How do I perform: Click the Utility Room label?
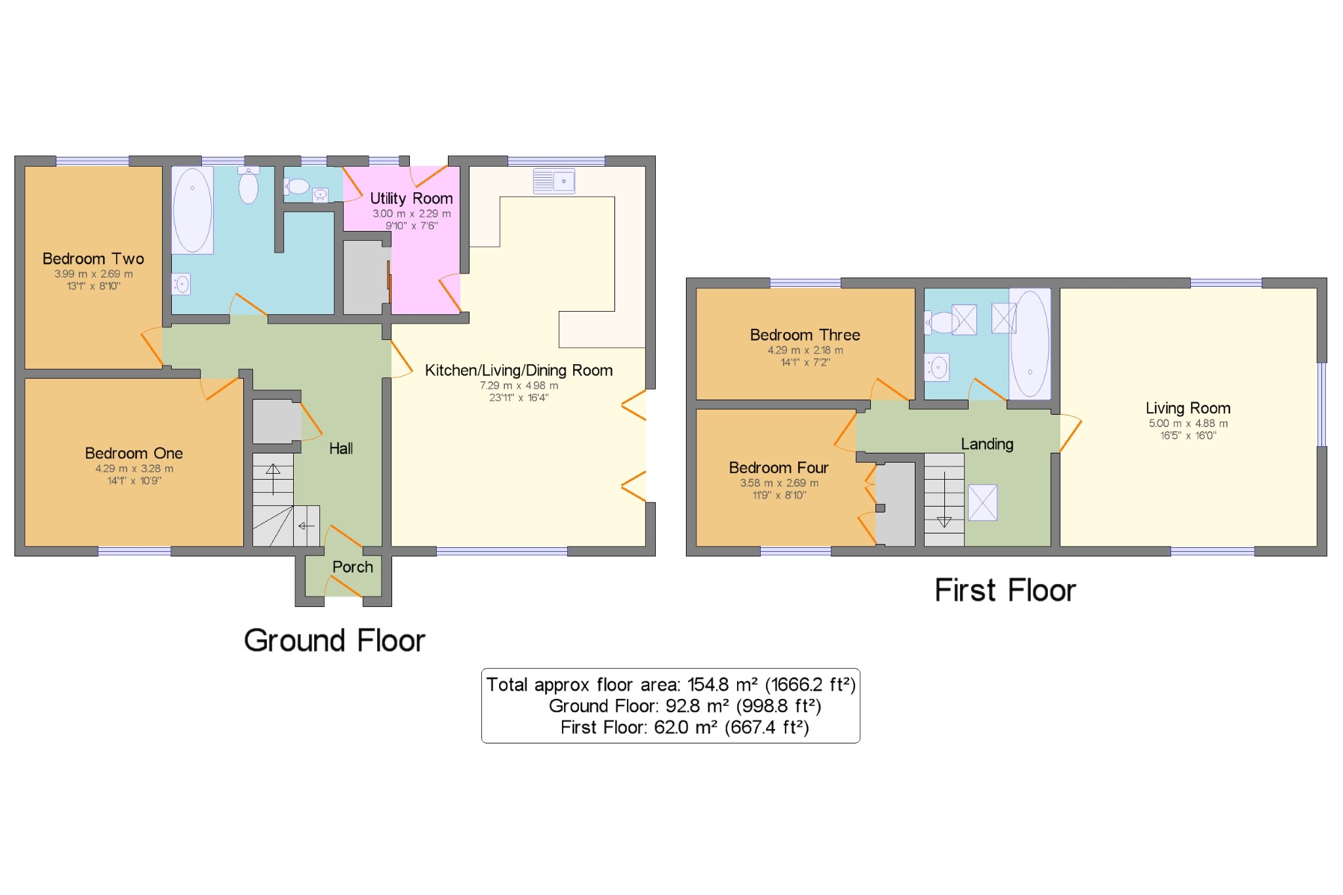tap(411, 198)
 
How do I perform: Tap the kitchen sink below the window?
tap(554, 181)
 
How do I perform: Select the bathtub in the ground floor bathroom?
tap(192, 210)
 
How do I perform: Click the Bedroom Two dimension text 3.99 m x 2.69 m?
tap(93, 274)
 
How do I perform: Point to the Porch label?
tap(352, 567)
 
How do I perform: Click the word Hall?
tap(341, 449)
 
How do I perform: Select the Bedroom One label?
tap(134, 453)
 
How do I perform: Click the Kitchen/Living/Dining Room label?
tap(519, 371)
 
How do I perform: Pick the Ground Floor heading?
tap(334, 640)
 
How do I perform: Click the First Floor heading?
tap(1005, 591)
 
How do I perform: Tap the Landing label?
tap(987, 444)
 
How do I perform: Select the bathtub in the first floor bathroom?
tap(1030, 343)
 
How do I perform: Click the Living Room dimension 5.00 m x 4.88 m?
tap(1188, 424)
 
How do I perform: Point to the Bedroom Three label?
tap(805, 335)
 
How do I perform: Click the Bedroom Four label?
tap(778, 468)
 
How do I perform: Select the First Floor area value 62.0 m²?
tap(685, 728)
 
